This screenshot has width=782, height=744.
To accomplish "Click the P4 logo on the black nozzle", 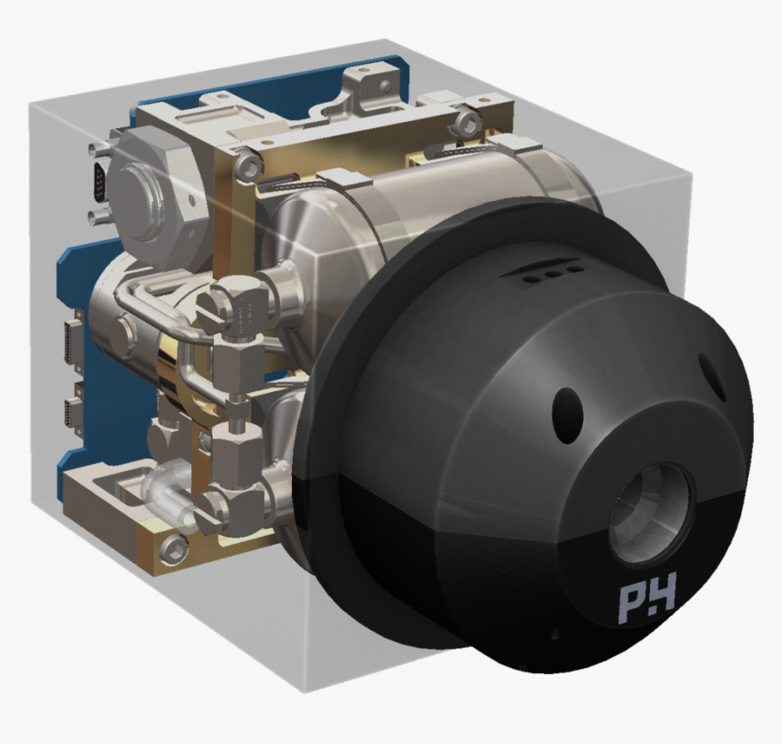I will (x=647, y=603).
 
